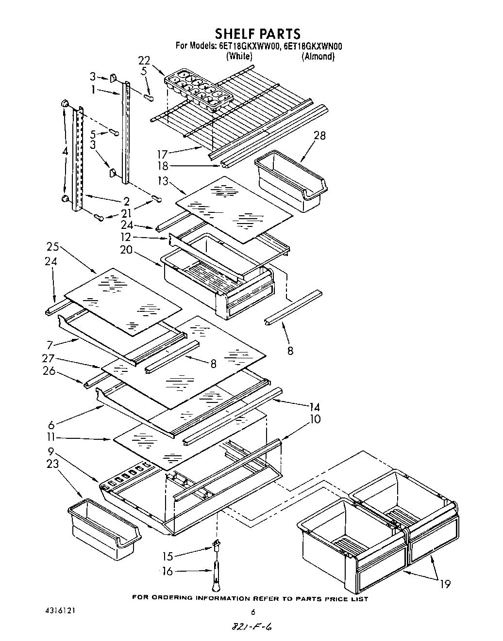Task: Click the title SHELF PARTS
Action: pos(258,33)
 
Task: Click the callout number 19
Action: pos(444,584)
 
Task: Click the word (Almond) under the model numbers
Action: pos(318,56)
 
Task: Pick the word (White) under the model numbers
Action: pos(239,56)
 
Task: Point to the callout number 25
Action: pos(52,246)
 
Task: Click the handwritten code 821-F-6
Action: pos(251,627)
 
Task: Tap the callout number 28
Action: pos(320,135)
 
